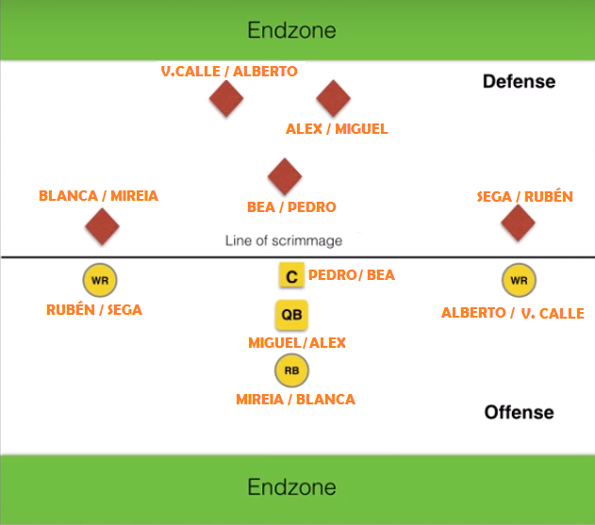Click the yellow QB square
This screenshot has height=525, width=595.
pos(290,315)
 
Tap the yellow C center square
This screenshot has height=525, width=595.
pos(291,276)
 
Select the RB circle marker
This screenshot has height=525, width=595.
pos(291,371)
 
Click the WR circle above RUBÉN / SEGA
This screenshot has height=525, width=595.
pos(100,280)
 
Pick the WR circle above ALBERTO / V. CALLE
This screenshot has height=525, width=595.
pos(519,280)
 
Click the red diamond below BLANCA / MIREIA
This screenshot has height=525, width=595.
pos(102,226)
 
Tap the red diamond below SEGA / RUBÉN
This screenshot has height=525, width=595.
pos(518,223)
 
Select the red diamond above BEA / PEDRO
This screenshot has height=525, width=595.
pos(284,175)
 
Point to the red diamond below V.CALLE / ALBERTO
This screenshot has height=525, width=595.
pos(225,98)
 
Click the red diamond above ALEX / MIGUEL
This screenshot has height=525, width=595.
pos(333,98)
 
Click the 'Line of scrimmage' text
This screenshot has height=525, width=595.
pos(283,241)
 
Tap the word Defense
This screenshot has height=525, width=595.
pos(519,82)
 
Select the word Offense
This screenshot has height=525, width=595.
pos(519,412)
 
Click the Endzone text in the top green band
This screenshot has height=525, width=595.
pos(291,30)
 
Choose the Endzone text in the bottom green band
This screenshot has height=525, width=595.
pos(291,487)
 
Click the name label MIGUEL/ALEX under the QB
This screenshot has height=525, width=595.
pos(297,342)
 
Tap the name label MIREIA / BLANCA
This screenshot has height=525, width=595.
pos(295,400)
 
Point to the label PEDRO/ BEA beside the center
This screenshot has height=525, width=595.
pos(352,275)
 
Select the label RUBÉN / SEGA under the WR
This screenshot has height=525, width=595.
pos(94,309)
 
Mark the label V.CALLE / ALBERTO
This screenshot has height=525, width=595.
pos(229,72)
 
